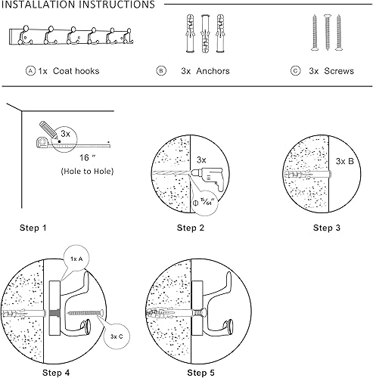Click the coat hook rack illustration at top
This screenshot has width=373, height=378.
tap(67, 36)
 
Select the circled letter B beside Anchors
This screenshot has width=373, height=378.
tap(161, 71)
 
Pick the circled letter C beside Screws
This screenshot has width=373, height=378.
tap(295, 71)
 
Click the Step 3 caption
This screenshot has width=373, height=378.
tap(326, 227)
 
